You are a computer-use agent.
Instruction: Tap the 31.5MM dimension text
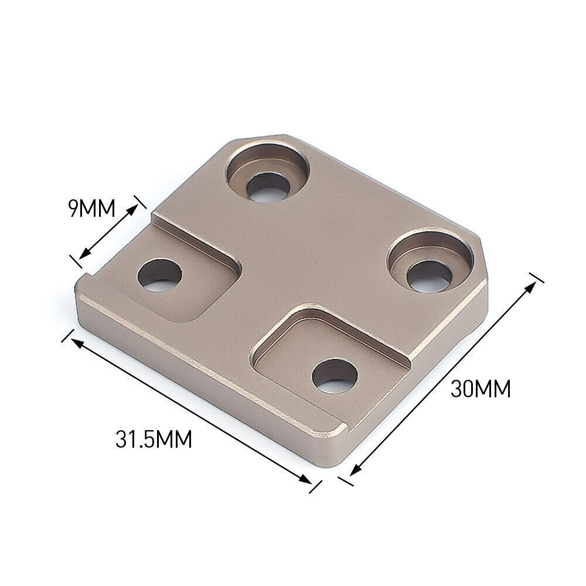[154, 439]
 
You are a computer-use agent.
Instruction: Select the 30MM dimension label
[481, 389]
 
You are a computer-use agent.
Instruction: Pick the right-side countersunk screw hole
[431, 261]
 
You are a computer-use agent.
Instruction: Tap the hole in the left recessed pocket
[159, 275]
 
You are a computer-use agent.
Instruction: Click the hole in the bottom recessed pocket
[335, 376]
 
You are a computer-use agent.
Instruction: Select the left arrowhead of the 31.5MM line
[76, 342]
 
